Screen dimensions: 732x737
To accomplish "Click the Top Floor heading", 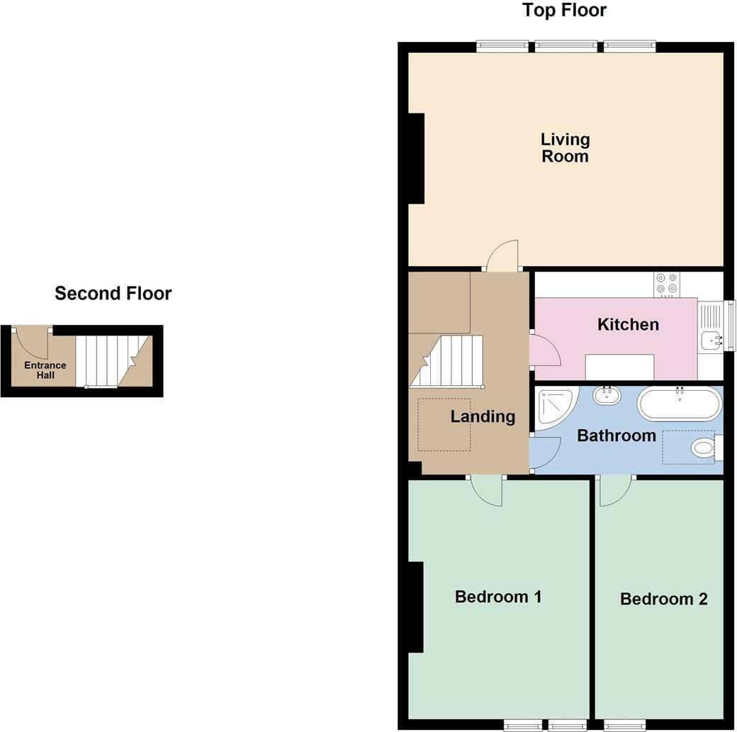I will coord(564,11).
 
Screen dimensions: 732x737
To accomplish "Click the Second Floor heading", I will coord(113,293).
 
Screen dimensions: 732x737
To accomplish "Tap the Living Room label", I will coord(565,148).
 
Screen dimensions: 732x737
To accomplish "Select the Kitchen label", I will coord(628,324).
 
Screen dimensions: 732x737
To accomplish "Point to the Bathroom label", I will coord(616,436).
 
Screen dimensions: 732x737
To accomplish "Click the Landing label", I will coord(483,416).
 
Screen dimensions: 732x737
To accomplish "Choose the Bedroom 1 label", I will coord(498,597).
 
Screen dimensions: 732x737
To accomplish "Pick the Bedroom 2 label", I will coord(663,599).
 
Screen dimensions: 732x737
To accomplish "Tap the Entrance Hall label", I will coord(45,370).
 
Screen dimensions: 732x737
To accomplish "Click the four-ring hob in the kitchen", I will coord(667,283).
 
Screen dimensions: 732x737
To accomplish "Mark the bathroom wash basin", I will coord(607,395).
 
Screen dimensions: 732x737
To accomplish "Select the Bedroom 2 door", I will coord(615,491).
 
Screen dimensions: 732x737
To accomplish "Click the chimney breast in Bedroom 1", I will coord(415,607).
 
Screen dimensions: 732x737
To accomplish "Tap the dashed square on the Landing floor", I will coord(444,425).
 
